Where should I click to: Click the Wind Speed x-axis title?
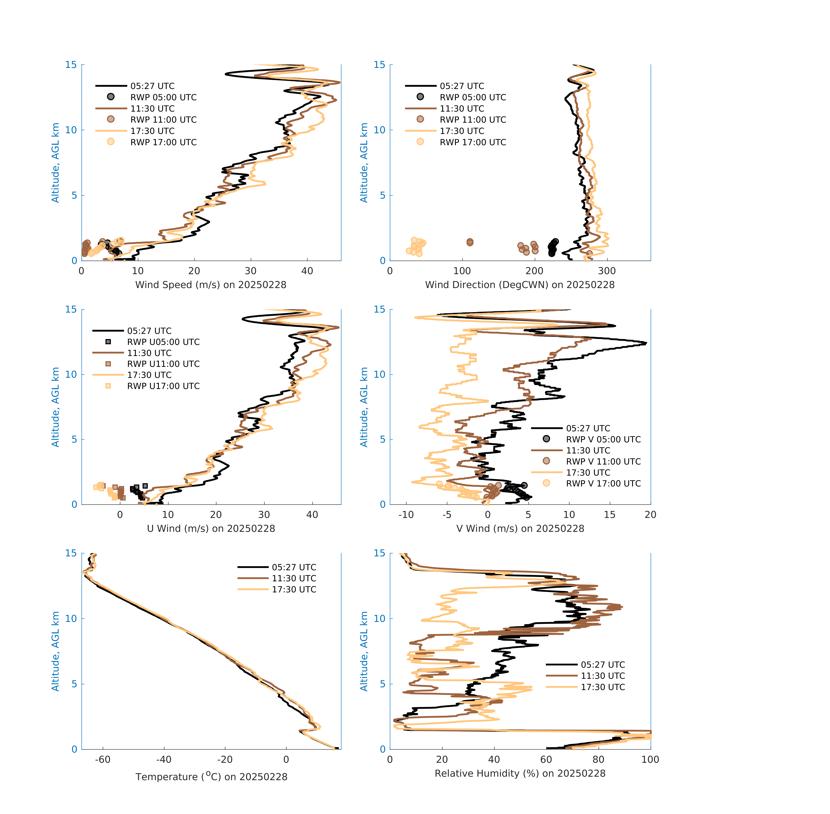211,285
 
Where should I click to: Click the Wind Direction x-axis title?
520,285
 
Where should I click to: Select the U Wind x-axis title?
211,528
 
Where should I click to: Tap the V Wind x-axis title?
520,528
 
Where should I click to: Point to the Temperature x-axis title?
211,776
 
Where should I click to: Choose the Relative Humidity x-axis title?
520,773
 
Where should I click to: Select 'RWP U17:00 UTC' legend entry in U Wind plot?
163,386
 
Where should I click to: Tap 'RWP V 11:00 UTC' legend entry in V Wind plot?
603,461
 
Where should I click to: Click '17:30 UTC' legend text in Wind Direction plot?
462,131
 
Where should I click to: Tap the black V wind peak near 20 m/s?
645,343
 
